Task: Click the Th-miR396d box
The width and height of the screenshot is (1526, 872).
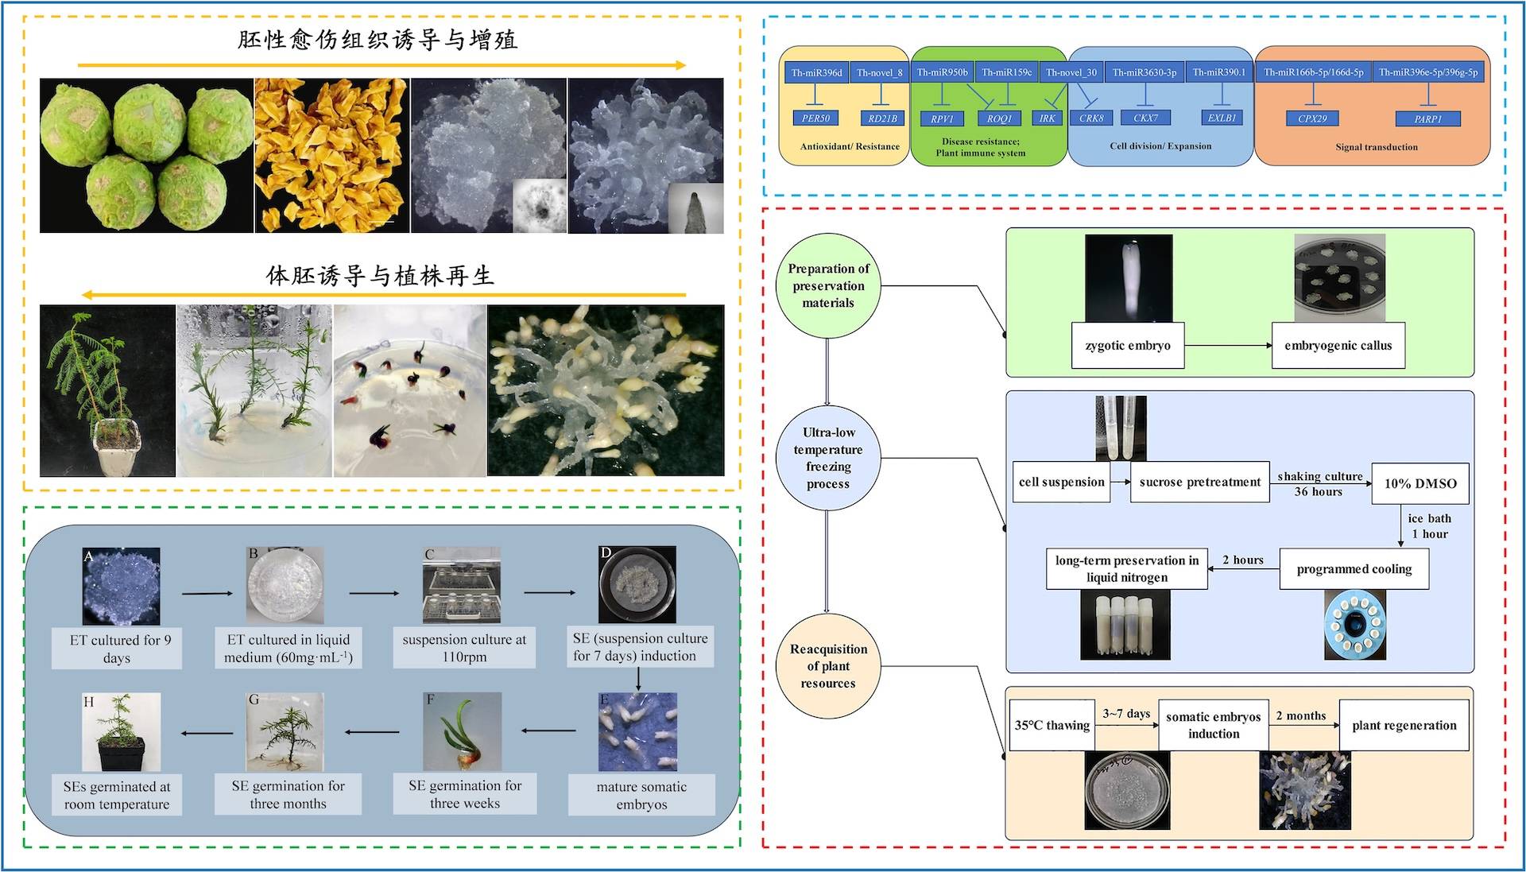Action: [816, 72]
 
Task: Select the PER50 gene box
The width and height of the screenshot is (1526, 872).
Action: [815, 118]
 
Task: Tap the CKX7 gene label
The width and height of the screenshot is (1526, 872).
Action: [1144, 118]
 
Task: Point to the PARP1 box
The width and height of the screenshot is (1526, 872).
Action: [1427, 119]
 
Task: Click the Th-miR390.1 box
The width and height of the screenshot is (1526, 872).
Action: [1218, 72]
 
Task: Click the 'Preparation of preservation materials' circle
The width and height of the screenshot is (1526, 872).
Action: [827, 286]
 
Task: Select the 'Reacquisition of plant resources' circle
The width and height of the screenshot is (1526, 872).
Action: [827, 666]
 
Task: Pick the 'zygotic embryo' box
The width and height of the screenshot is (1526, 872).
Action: [1127, 346]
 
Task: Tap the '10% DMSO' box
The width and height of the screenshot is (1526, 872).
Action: [1419, 483]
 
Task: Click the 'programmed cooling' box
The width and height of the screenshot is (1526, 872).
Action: [1354, 569]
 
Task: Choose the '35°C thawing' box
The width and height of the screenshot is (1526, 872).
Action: [1052, 725]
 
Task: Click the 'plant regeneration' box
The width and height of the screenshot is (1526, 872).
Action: [1404, 725]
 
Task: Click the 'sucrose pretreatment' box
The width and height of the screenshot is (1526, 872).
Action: [1199, 483]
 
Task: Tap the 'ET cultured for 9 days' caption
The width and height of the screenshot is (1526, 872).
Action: [118, 649]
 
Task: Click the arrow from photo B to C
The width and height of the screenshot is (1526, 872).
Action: [374, 593]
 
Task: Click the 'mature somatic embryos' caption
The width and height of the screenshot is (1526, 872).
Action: [641, 795]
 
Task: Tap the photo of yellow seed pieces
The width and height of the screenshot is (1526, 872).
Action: [331, 155]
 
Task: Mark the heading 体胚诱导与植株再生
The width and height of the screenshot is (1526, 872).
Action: [380, 276]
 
